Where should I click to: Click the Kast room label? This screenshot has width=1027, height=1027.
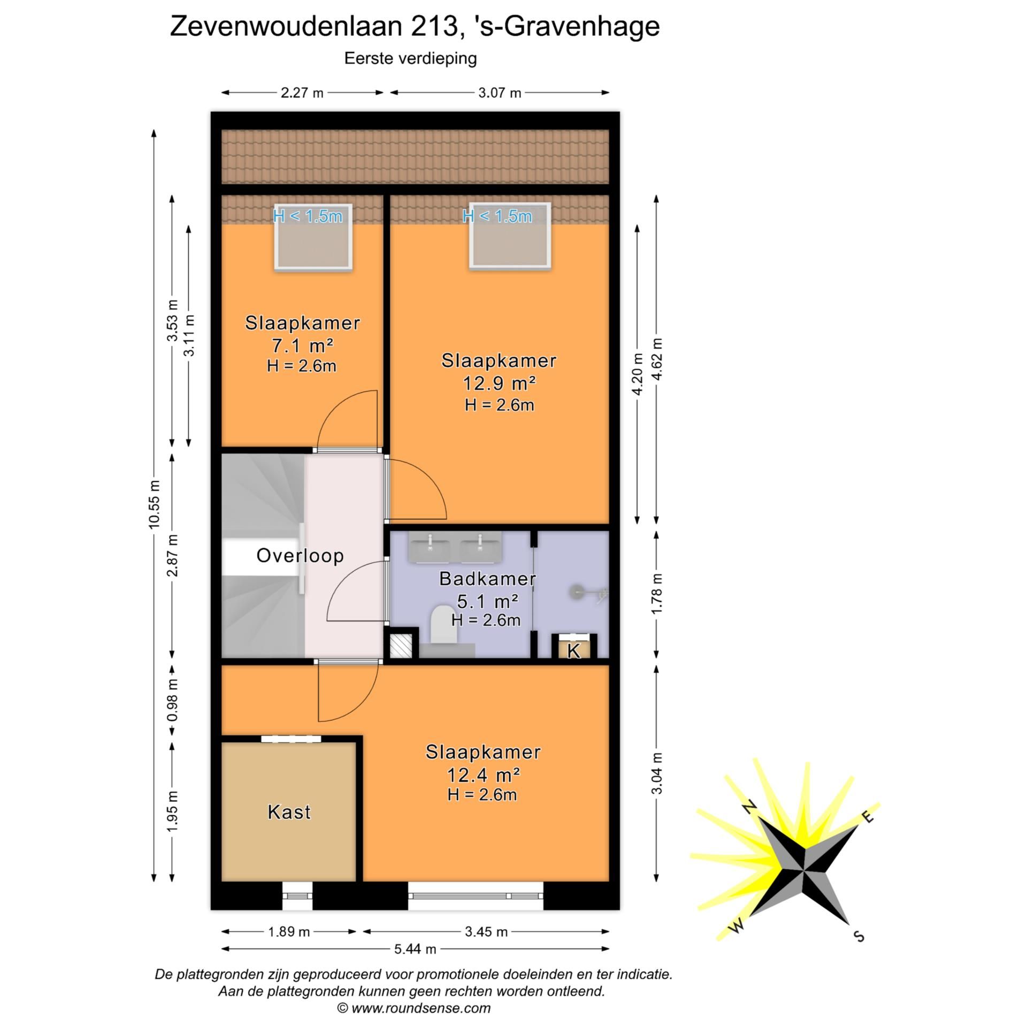click(289, 812)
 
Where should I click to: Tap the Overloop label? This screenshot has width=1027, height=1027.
click(300, 556)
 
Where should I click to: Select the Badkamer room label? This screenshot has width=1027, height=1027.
click(487, 578)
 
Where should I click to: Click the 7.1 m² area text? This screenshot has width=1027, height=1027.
click(302, 346)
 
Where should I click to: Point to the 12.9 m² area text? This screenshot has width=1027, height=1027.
click(499, 384)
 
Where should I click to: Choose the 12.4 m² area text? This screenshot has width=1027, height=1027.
click(483, 775)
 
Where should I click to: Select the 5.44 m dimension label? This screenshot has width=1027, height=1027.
click(415, 949)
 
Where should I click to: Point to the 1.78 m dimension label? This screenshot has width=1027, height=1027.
click(657, 593)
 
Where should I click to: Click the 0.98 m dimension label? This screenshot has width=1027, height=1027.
click(172, 700)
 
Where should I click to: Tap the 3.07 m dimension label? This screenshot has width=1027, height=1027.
click(499, 93)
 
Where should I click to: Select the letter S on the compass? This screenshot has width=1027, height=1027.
click(859, 936)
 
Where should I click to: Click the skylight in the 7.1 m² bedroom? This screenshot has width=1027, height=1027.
click(313, 237)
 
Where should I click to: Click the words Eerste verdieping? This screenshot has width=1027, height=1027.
click(410, 58)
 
